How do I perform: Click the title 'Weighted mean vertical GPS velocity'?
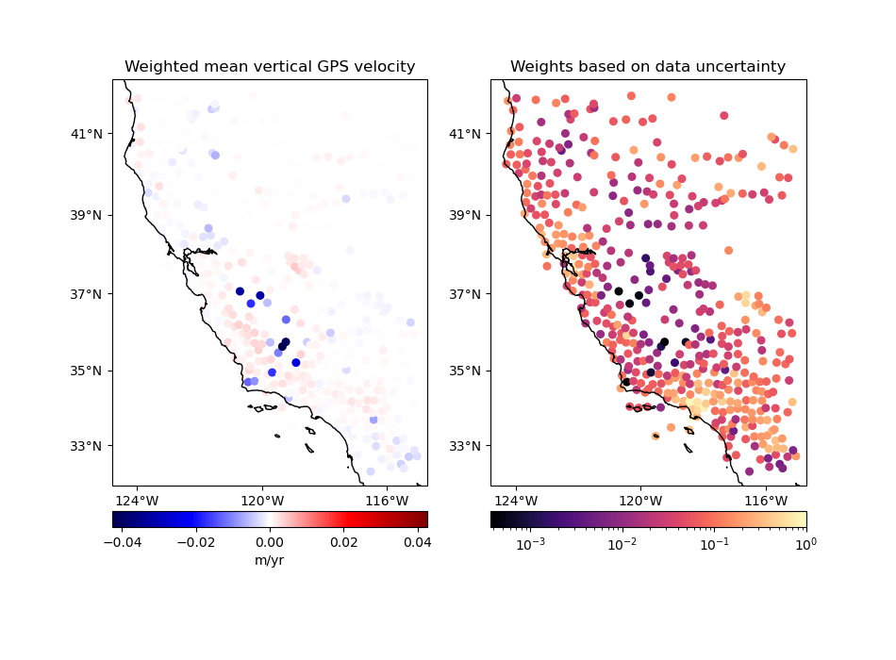pos(270,67)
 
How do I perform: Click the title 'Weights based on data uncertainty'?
pos(648,67)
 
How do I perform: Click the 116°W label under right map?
pos(766,500)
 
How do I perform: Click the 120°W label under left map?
pos(262,500)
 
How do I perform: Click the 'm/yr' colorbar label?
pos(270,561)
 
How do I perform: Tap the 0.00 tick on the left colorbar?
pos(270,543)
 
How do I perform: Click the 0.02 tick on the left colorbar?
pos(343,543)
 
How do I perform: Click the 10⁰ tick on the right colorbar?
pos(805,544)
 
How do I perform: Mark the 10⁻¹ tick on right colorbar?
pos(714,544)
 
